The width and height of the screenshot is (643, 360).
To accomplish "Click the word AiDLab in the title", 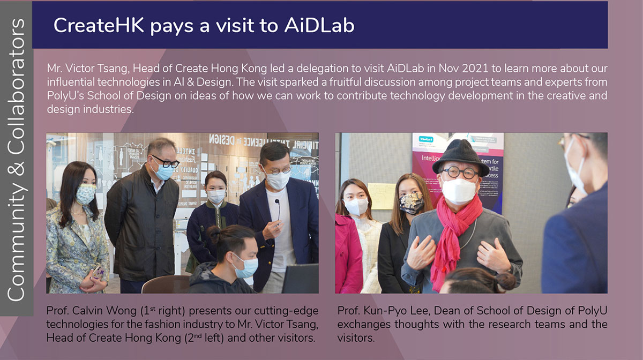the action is [x=319, y=25].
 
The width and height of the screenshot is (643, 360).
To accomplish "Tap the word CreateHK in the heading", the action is [x=99, y=25].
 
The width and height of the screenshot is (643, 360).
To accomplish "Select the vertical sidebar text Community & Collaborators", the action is [x=17, y=160].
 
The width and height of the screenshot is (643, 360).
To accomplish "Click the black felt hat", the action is [x=460, y=157].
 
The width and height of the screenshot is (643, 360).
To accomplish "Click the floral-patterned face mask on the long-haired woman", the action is [x=85, y=194].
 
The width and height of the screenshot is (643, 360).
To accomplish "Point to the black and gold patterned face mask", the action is [x=412, y=203].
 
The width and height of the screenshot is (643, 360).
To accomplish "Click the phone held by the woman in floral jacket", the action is [x=98, y=273].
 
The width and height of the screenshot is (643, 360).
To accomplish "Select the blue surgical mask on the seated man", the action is [x=246, y=266].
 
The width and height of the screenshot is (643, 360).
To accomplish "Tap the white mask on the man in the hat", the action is [x=459, y=190].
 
